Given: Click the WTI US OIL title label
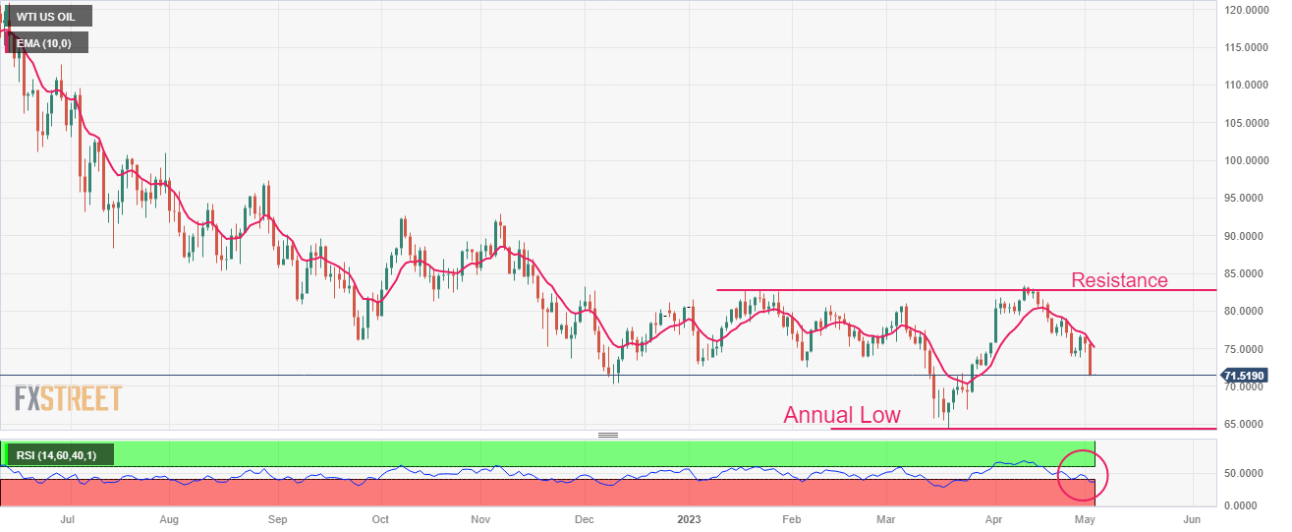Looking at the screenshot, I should (x=48, y=16).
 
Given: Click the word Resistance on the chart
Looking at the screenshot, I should (x=1119, y=280).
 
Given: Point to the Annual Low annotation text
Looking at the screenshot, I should (x=841, y=415).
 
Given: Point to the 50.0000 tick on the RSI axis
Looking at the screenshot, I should (x=1244, y=473).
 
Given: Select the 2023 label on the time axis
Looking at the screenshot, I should (x=690, y=518).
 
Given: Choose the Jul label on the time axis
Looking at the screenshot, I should (x=67, y=518).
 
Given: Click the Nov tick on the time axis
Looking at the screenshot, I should (x=479, y=518).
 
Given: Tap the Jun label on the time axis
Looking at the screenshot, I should (x=1192, y=518).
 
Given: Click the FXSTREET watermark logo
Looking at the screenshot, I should (x=68, y=398).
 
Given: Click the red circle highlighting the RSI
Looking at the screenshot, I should (x=1082, y=473).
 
